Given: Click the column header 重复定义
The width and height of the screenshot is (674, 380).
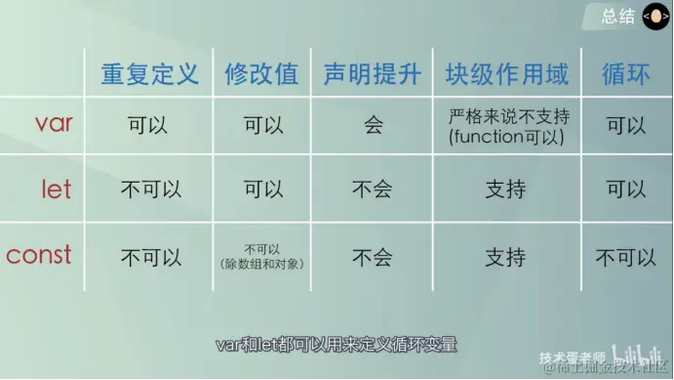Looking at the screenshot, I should coord(149,74).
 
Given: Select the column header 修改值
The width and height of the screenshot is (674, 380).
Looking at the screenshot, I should coord(261,74).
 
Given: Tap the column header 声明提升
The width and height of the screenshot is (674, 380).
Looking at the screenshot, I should coord(372,74).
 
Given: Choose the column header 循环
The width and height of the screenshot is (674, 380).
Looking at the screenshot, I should coord(625,74).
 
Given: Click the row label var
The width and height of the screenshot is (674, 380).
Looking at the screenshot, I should coord(54,124).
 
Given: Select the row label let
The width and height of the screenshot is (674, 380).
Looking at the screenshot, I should coord(57,189).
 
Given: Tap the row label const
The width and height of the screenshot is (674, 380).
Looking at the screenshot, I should coord(39,256).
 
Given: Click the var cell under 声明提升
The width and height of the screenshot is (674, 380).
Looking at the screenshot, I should coord(373,126).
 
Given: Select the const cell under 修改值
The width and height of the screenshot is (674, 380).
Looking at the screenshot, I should coord(261,256).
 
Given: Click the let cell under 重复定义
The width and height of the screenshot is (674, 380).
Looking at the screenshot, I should coord(150,190).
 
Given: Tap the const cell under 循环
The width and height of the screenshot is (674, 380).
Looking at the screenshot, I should coord(625,258).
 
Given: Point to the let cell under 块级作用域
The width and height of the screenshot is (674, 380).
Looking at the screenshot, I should coord(505,190).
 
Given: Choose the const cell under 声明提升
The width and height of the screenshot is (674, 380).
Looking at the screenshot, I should coord(373,258).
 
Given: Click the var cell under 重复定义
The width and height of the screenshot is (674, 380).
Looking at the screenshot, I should coord(150,126).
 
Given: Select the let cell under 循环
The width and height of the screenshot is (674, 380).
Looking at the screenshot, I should coord(625,190).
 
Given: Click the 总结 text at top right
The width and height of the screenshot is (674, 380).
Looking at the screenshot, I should coord(618,16).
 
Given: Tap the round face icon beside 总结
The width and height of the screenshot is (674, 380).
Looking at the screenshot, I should coord(654,17).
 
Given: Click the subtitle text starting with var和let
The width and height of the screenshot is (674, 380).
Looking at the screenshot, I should coord(337,345).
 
